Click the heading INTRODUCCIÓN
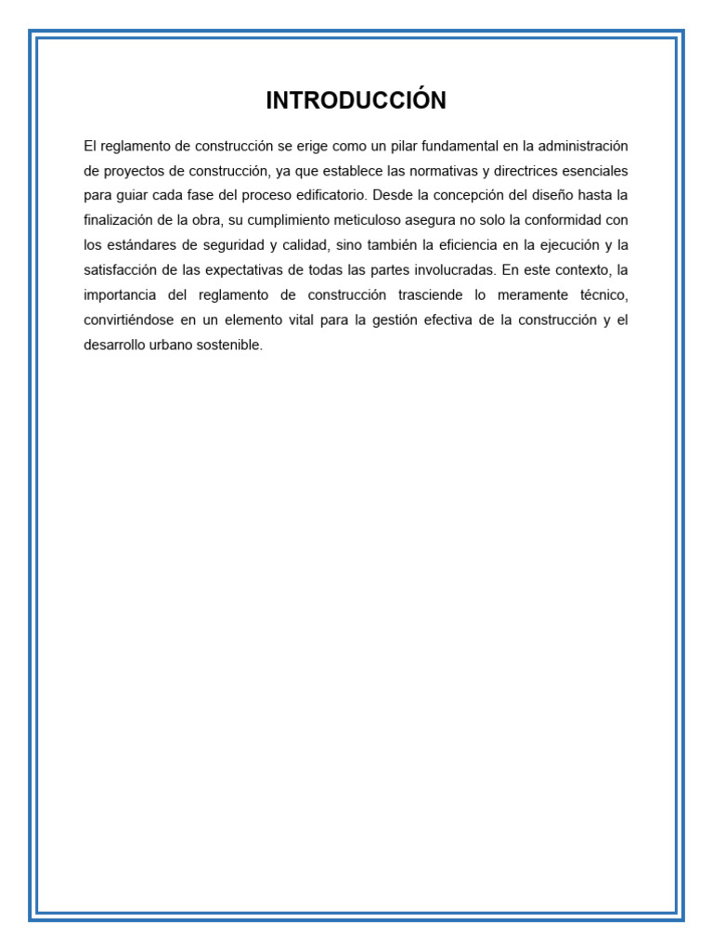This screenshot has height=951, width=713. click(356, 101)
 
